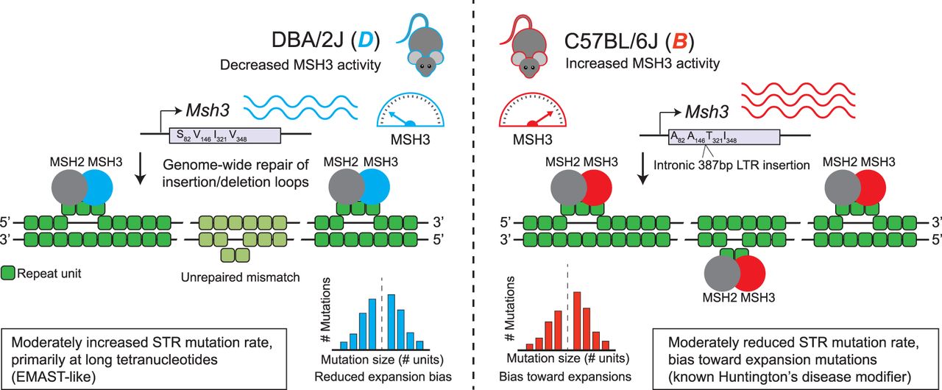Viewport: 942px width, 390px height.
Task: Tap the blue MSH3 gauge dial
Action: pos(410,111)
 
